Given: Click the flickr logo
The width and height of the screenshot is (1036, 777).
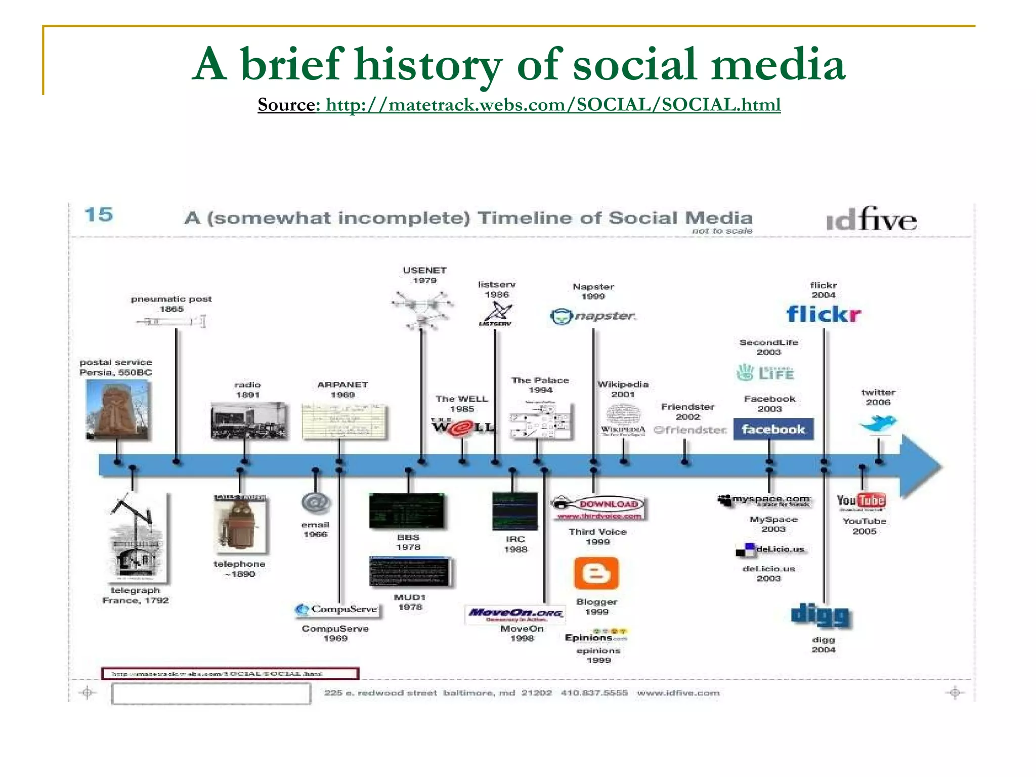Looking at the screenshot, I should [824, 314].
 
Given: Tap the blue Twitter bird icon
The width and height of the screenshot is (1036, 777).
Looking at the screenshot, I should [879, 423].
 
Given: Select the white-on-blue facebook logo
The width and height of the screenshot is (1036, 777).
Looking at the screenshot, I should [773, 429].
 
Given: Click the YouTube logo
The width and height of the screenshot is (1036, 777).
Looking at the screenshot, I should [860, 501].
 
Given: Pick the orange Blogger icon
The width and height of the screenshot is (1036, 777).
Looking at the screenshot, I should [596, 573].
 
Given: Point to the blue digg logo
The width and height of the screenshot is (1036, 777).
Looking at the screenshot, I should [821, 615].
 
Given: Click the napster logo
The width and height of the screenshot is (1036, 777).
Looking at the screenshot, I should [593, 316].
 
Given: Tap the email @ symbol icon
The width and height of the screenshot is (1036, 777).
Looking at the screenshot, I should [316, 503].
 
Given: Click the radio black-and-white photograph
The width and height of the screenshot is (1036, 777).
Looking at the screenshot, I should [248, 420].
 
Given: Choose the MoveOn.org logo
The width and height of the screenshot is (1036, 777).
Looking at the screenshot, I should [515, 614].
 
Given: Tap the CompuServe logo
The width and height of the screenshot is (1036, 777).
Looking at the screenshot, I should [337, 609].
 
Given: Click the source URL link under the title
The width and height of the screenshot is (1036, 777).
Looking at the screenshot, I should [553, 105].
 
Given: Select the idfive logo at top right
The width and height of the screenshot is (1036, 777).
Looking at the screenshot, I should [871, 220].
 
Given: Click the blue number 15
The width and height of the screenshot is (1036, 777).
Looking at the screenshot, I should [99, 214].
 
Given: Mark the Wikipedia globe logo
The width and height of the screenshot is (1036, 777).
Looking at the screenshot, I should [623, 416].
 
